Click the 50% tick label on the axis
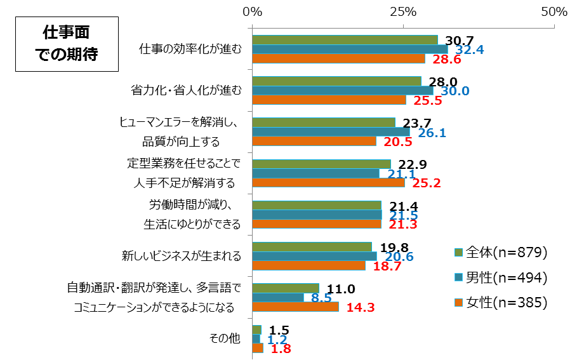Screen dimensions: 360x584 554,11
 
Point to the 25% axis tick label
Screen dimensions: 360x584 403,11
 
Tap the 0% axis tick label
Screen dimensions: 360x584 253,11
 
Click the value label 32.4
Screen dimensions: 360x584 470,50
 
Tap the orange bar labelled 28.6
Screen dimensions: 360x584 338,59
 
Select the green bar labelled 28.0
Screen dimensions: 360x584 336,81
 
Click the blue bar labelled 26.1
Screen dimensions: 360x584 331,132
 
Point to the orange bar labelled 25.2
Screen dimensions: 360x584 328,183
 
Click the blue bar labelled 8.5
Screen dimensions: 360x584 278,297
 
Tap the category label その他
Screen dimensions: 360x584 225,338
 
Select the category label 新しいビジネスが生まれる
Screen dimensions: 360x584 182,256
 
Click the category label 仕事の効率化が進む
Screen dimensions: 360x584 190,50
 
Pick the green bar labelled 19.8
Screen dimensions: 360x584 312,246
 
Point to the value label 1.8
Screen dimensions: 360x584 280,349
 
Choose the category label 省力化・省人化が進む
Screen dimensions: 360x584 186,91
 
